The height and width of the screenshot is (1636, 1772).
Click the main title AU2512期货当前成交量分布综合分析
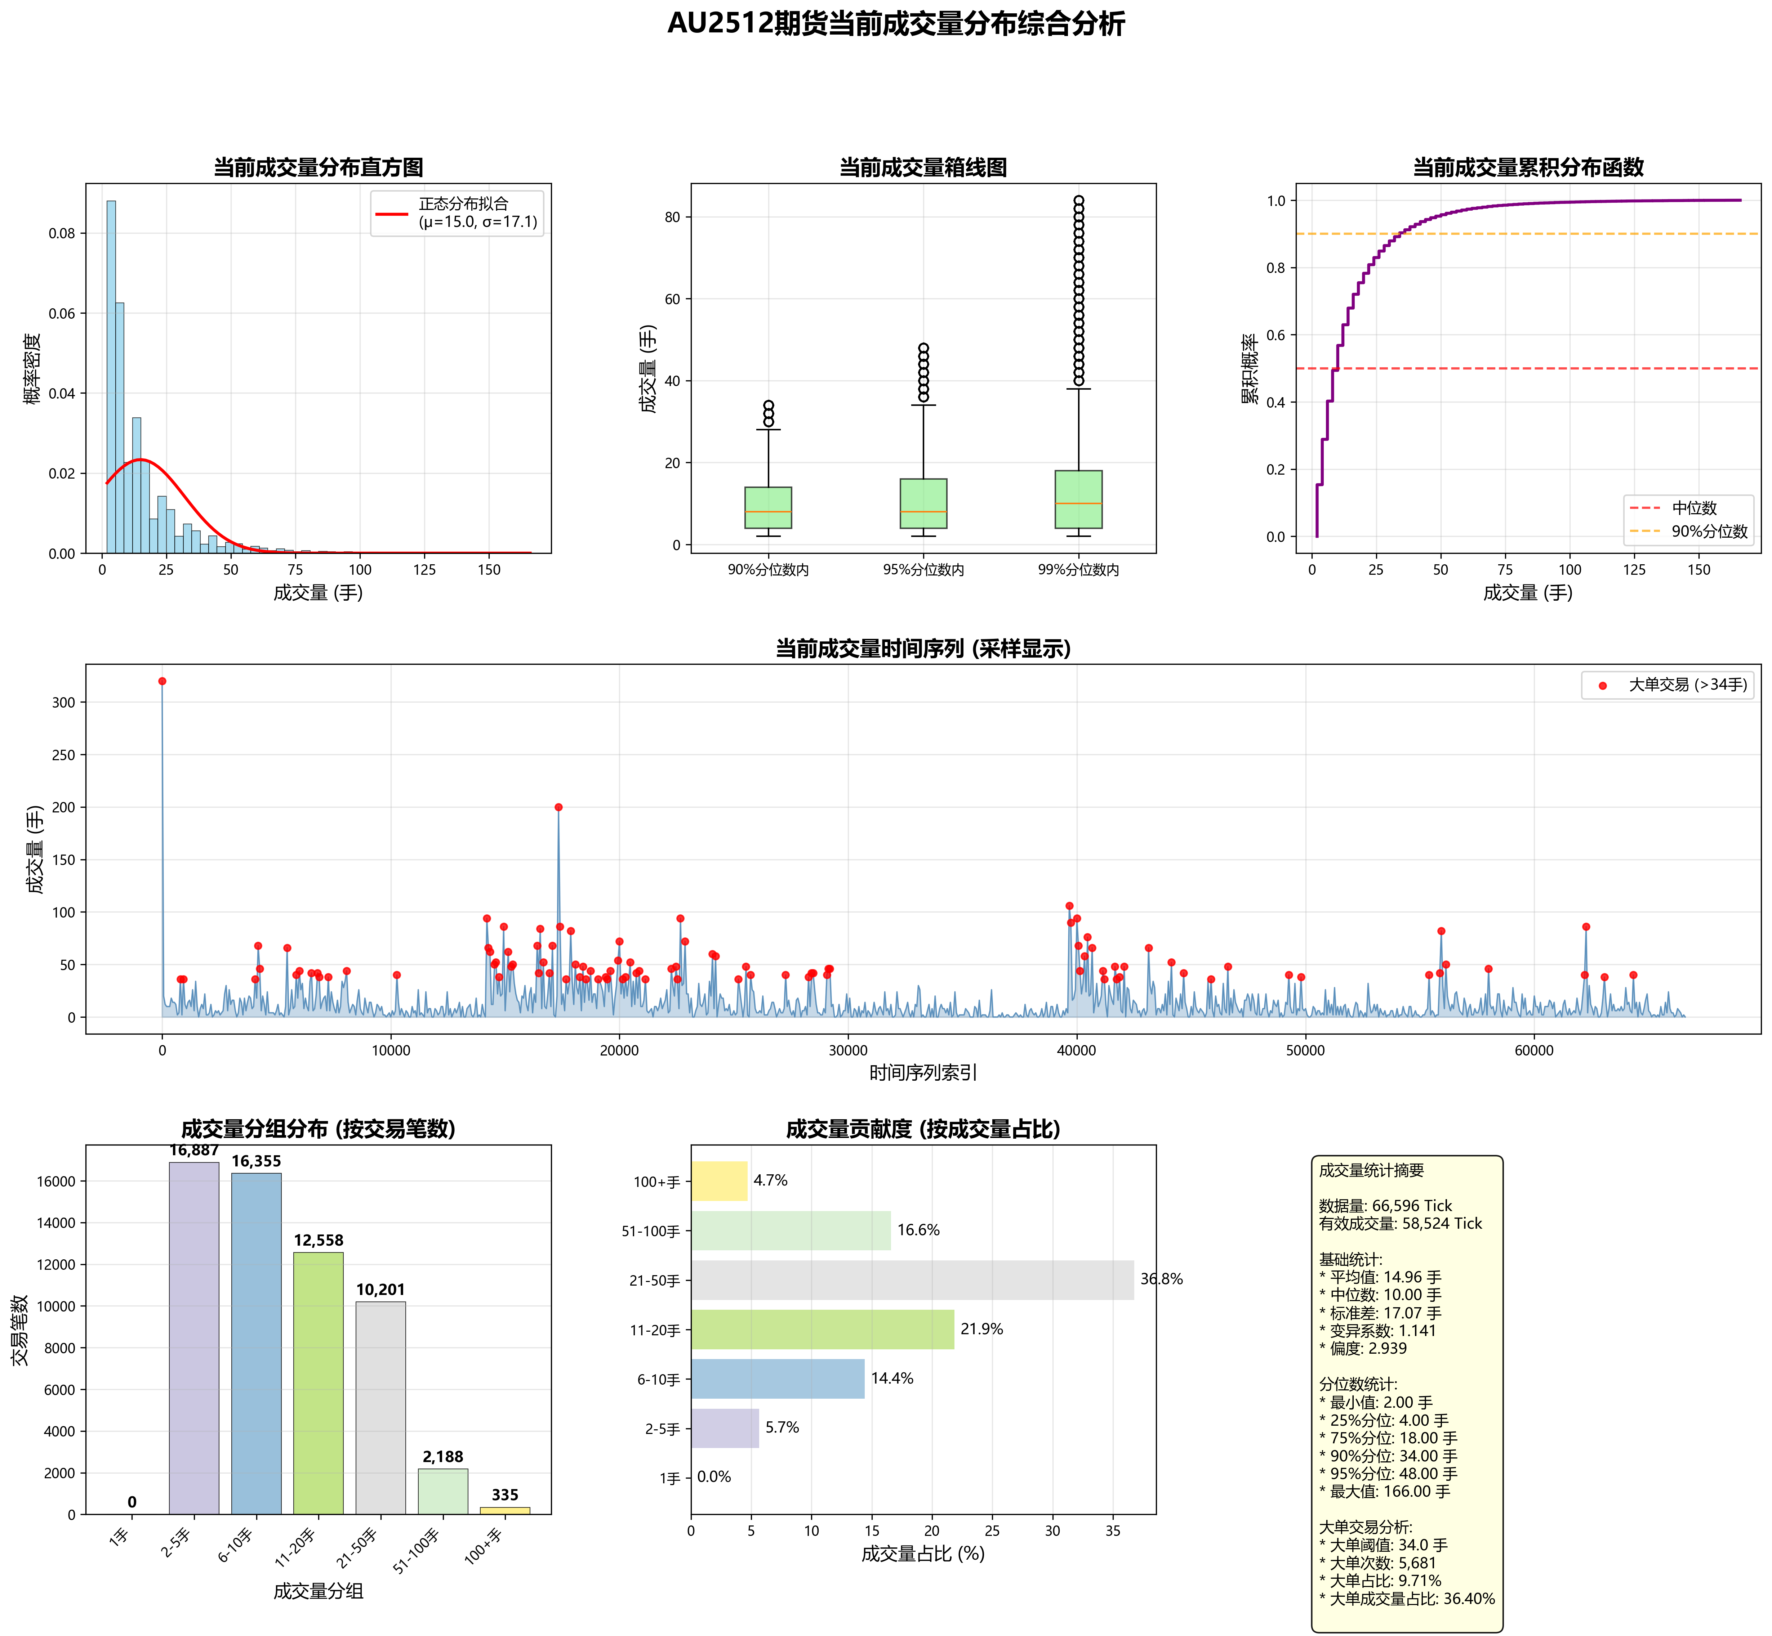point(895,24)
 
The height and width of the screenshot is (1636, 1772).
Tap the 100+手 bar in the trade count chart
point(505,1510)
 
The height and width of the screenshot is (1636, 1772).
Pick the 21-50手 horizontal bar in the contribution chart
point(912,1280)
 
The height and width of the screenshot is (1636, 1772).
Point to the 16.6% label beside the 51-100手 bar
point(918,1231)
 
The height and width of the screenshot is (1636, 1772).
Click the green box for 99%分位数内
point(1079,499)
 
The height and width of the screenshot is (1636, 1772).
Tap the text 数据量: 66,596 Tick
point(1385,1206)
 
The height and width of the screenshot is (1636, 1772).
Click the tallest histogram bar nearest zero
point(111,376)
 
